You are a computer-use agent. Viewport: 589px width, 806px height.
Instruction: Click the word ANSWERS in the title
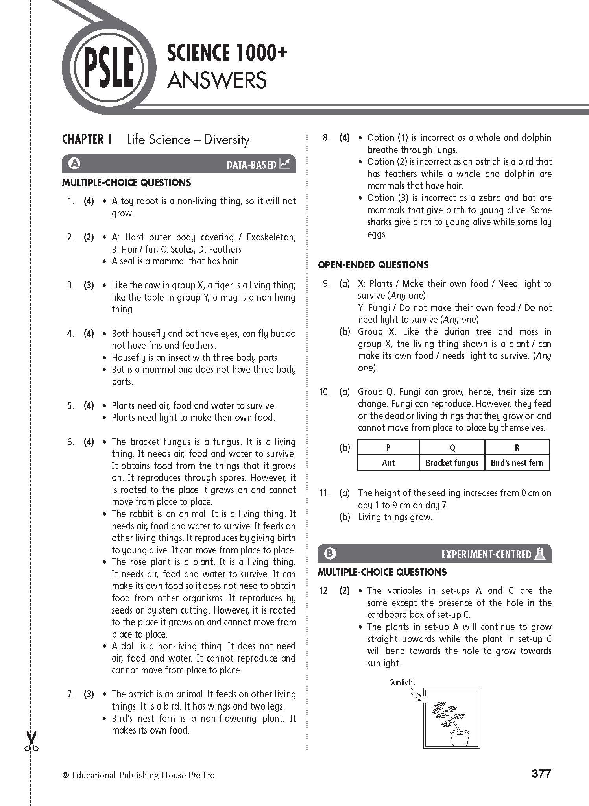[217, 80]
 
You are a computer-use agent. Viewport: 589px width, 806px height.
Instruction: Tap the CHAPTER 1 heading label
[87, 140]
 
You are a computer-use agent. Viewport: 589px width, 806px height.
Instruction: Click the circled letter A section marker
[74, 163]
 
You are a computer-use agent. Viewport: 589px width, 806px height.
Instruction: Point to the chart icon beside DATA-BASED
[284, 164]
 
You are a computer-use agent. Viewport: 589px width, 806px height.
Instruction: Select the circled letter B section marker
[330, 553]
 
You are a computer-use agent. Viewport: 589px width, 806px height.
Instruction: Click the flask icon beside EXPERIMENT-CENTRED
[539, 554]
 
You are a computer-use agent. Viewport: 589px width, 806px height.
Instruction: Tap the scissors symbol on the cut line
[31, 741]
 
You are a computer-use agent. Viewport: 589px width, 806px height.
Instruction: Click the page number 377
[541, 774]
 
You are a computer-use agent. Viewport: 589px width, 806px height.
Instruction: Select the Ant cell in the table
[388, 463]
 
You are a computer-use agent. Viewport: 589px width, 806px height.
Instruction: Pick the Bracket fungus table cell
[452, 463]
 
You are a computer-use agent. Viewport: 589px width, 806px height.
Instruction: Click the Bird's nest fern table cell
[517, 463]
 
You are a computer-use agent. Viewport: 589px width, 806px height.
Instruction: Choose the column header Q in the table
[452, 447]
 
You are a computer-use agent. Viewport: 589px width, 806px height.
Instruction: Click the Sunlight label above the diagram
[402, 682]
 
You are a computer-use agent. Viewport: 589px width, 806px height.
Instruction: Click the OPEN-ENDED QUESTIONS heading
[373, 265]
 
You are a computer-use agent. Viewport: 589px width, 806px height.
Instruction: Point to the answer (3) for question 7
[89, 694]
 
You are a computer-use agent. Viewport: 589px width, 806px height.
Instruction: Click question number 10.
[324, 392]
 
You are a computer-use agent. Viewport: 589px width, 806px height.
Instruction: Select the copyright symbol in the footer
[65, 775]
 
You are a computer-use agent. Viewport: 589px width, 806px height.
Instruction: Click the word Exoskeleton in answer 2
[271, 237]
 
